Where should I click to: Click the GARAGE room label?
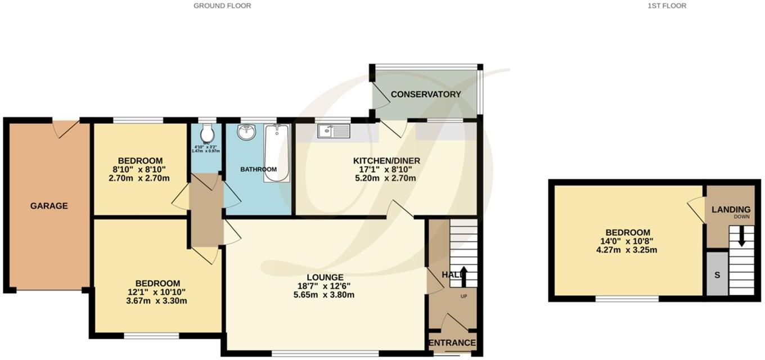49,206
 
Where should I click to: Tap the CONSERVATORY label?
426,94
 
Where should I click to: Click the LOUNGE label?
325,277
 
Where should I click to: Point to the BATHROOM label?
258,169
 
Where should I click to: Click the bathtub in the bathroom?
276,153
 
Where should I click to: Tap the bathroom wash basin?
246,132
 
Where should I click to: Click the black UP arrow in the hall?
463,276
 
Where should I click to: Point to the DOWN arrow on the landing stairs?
741,235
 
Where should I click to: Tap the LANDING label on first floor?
731,209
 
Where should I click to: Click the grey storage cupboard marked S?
716,274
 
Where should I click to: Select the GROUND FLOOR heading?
222,6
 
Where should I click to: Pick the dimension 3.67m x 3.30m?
157,300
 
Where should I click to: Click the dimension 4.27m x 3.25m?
628,250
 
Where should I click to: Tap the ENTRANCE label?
452,343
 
